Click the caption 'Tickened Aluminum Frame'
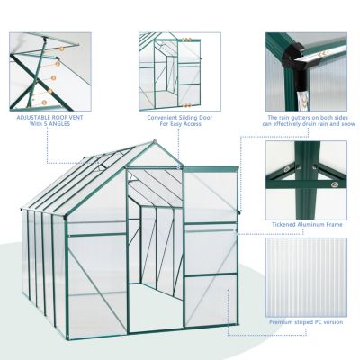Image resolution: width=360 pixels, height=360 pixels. click(306, 224)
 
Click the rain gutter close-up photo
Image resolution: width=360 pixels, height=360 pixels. click(306, 70)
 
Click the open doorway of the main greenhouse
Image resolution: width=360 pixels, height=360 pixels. click(155, 261)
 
